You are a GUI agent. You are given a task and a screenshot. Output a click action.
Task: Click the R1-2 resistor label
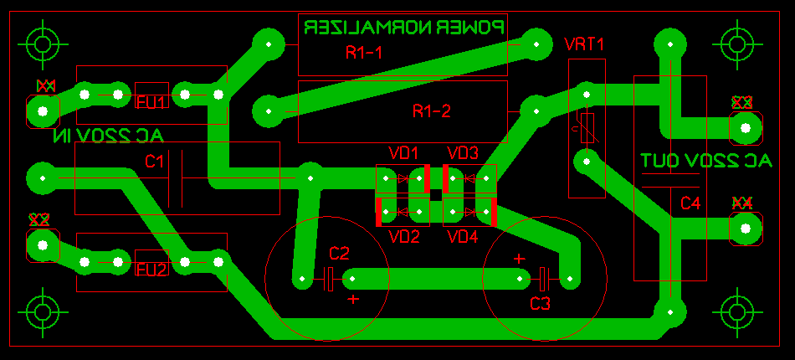[431, 110]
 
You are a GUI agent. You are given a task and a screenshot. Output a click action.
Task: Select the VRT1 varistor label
[584, 44]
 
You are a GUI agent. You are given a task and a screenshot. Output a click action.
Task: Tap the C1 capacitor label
[155, 161]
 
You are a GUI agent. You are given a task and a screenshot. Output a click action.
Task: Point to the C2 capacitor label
[339, 253]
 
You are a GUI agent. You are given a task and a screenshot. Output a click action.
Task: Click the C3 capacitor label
[541, 304]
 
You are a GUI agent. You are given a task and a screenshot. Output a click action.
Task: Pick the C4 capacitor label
[690, 203]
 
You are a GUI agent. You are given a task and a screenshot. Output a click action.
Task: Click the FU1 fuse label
[151, 102]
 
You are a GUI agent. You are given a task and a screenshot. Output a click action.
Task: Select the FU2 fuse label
[151, 270]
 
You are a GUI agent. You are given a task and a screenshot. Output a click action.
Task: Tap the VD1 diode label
[403, 153]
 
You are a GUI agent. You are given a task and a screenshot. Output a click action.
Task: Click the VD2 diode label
[403, 237]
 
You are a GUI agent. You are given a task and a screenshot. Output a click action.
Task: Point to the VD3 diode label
[463, 153]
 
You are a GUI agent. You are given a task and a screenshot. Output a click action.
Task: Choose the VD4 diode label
[463, 237]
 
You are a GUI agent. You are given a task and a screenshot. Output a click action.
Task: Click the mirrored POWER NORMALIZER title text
[404, 28]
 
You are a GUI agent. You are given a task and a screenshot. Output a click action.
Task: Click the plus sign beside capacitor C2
[353, 299]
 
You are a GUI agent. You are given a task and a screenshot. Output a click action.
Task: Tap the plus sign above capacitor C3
[518, 259]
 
